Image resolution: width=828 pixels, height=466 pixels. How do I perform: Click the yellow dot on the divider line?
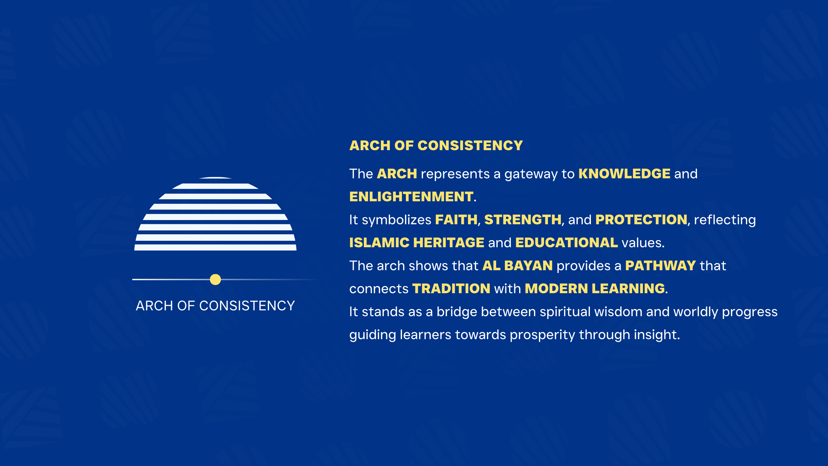215,279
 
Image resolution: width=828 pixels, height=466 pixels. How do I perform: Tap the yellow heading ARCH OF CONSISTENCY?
436,146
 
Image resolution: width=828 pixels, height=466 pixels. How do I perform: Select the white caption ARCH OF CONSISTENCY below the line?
215,306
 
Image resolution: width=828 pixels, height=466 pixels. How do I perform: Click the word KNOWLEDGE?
624,174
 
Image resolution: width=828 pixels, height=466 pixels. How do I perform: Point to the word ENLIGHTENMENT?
411,197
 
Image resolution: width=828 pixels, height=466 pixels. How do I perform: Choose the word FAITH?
456,220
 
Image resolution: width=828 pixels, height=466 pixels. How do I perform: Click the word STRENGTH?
523,220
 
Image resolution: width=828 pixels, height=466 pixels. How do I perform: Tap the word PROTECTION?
641,220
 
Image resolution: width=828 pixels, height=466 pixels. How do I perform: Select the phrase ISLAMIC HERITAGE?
417,243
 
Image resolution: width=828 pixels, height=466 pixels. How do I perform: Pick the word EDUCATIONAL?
567,243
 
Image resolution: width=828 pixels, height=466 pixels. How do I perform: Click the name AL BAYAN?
517,266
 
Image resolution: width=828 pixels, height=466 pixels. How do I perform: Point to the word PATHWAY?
660,266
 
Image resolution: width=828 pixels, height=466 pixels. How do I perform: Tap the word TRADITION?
451,289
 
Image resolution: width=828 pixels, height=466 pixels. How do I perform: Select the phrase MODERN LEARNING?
595,289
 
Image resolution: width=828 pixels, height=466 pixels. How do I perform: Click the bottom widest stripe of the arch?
215,248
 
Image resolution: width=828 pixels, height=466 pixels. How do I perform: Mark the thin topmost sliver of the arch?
215,178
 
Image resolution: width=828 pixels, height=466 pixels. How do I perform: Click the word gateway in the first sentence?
531,175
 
